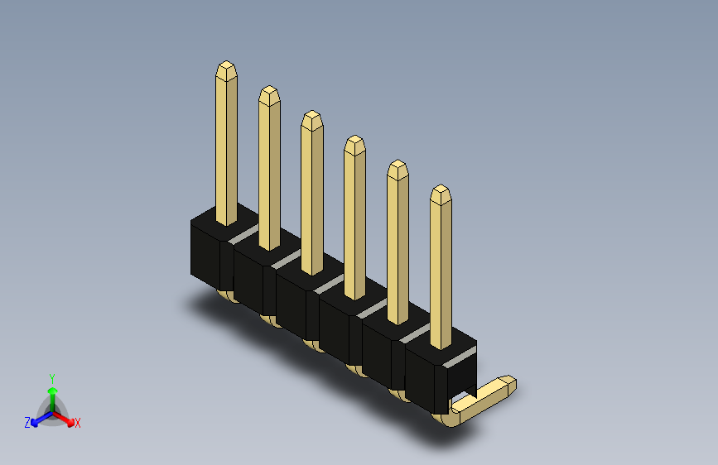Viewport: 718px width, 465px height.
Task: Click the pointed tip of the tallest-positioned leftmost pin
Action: click(x=226, y=62)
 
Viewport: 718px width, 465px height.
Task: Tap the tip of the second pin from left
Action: click(x=269, y=87)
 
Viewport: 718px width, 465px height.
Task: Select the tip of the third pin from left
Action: click(x=312, y=111)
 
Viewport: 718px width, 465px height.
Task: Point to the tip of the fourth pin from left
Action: click(x=355, y=136)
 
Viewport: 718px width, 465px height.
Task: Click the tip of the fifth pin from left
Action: click(x=398, y=161)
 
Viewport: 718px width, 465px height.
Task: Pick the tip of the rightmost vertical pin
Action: click(x=441, y=185)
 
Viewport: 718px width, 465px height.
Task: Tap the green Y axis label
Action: click(x=52, y=379)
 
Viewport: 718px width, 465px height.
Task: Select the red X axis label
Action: click(x=77, y=424)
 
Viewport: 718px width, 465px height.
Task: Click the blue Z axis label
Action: click(x=27, y=423)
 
